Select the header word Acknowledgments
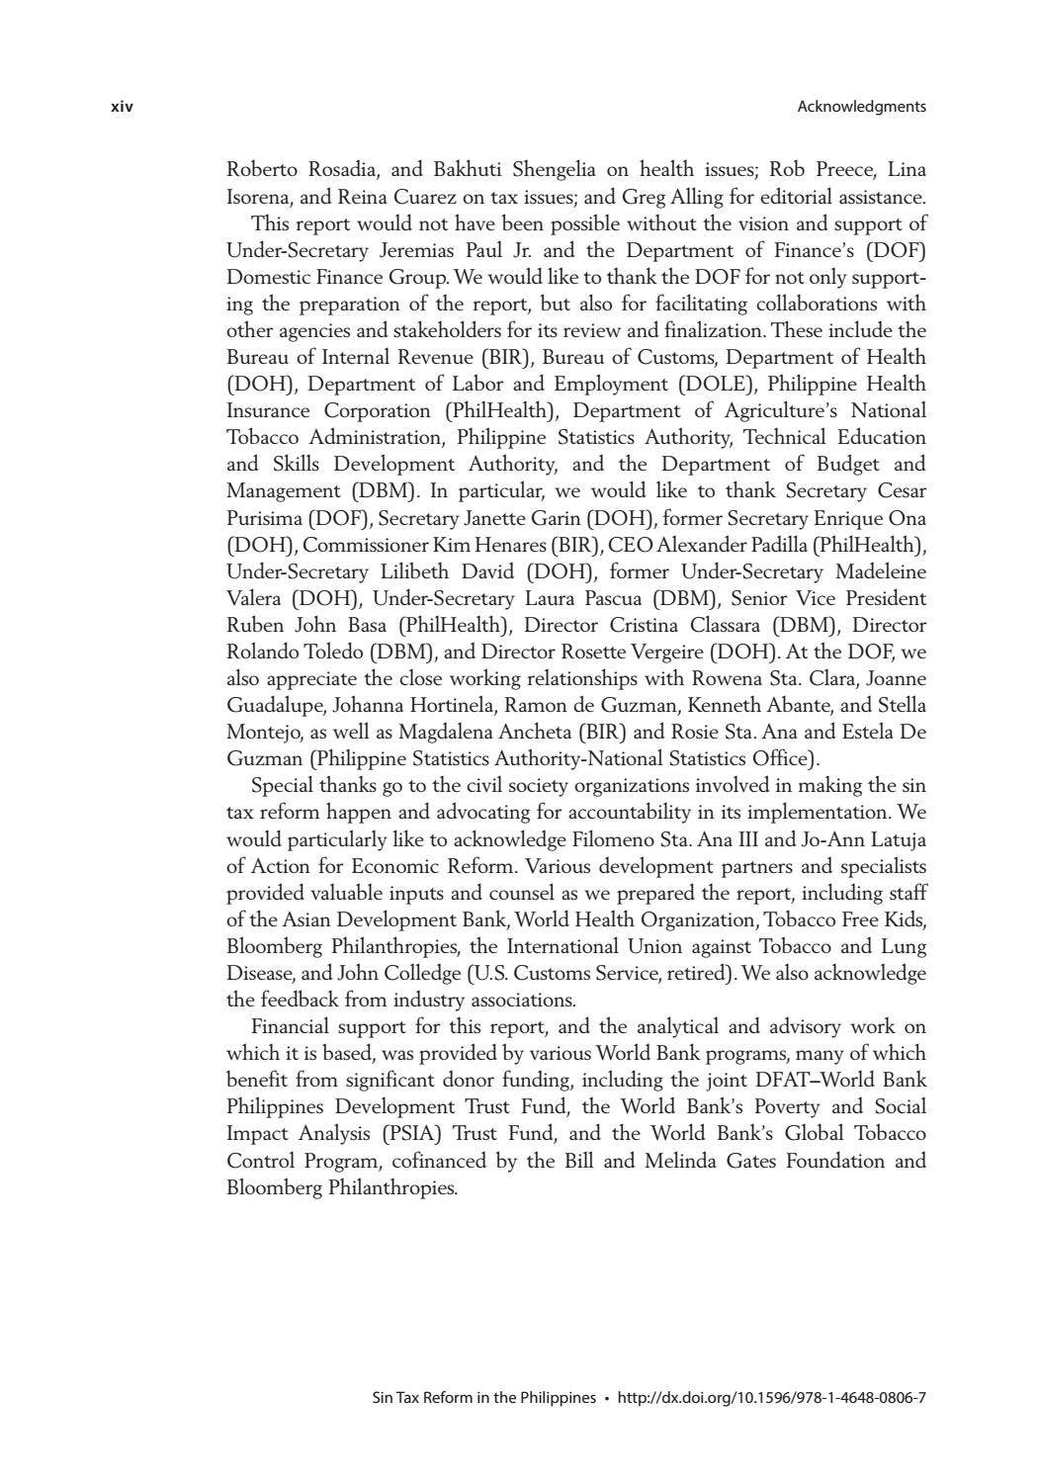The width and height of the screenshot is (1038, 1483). (861, 107)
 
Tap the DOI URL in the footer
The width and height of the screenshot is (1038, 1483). (771, 1398)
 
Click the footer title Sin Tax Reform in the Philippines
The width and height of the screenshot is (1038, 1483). (483, 1398)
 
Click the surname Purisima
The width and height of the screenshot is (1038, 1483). (264, 517)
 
